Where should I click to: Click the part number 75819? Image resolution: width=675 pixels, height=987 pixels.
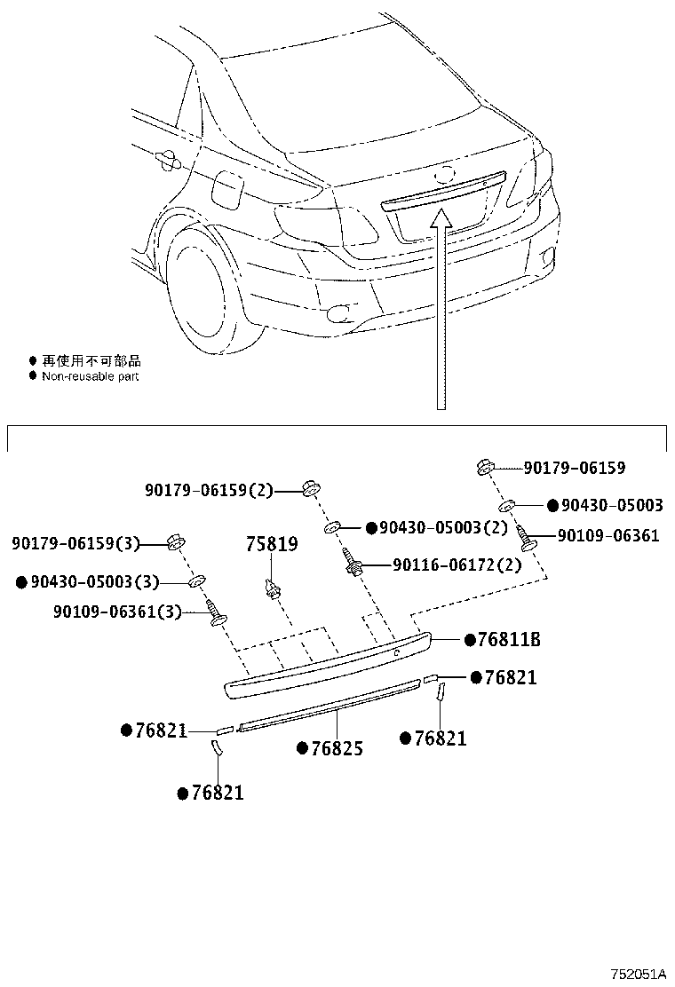271,543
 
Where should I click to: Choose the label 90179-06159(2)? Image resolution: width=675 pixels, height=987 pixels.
210,490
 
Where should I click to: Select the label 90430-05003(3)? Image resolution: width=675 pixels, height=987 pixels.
94,582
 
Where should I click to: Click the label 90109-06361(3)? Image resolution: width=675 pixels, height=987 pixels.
130,612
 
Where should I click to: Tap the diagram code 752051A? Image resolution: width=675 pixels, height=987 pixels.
638,974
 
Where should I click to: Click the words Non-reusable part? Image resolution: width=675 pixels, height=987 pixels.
91,376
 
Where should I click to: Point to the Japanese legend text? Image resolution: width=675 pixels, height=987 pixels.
91,361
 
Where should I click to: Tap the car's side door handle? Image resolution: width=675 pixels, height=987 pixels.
166,160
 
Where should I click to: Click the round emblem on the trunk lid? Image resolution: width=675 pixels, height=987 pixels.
445,174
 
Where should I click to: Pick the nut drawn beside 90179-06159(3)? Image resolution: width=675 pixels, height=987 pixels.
176,542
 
